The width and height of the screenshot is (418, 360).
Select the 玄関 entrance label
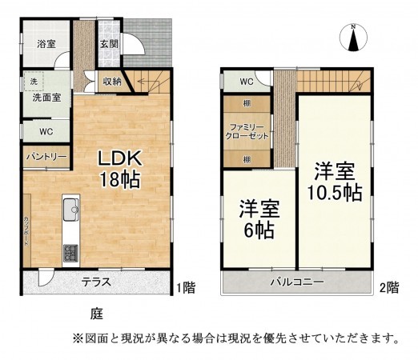click(109, 45)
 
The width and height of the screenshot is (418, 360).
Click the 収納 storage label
click(112, 81)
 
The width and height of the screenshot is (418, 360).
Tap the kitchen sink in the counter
click(70, 210)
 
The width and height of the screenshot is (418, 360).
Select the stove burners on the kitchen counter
click(70, 252)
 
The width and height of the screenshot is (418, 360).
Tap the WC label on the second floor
click(245, 82)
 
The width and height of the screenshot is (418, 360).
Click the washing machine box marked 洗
click(34, 82)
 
